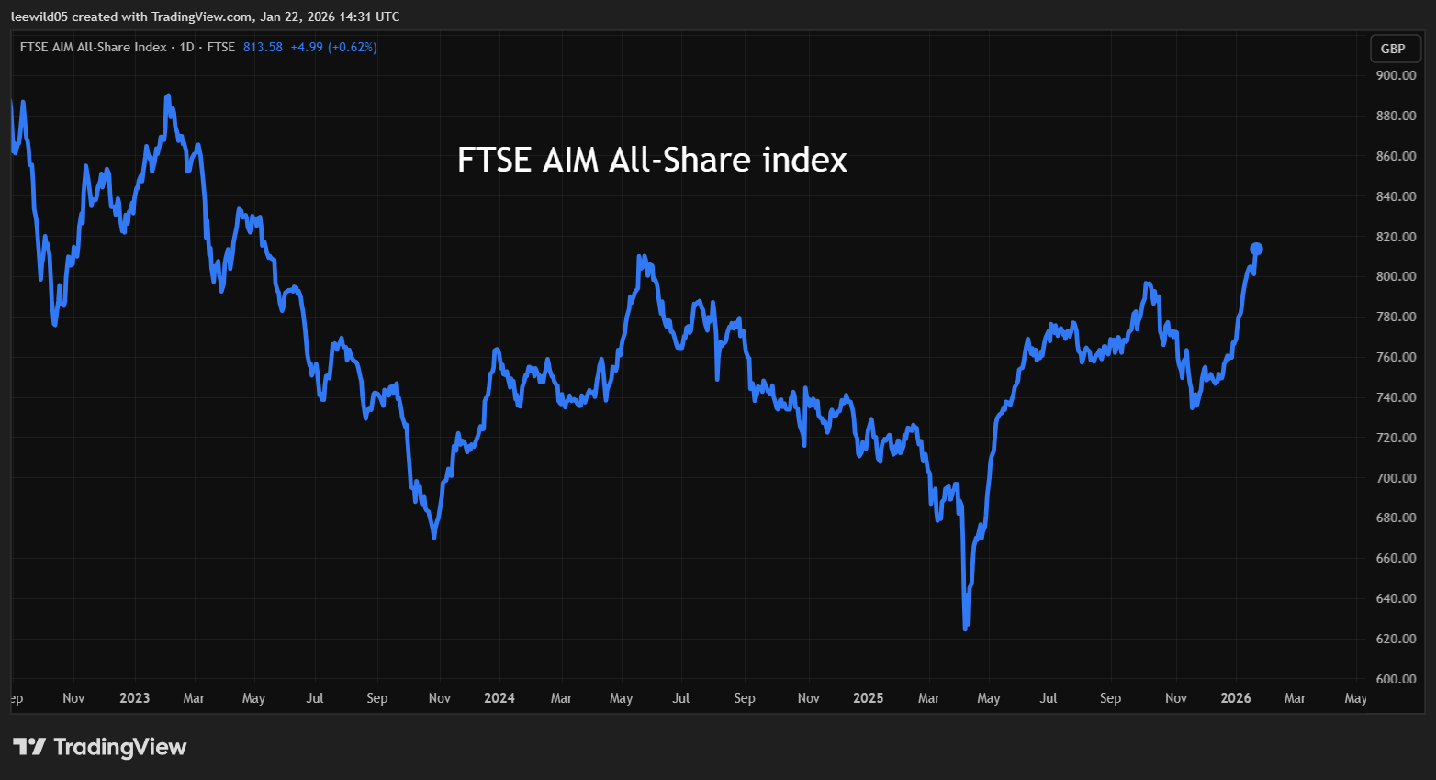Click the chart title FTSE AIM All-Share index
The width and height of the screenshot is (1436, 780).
[652, 161]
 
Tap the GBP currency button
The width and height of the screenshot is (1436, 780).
[1393, 49]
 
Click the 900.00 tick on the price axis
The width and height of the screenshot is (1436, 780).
[1396, 75]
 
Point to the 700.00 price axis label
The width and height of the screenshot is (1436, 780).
[1396, 478]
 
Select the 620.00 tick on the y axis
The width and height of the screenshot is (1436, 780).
[1396, 639]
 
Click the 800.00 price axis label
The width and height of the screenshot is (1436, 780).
[1396, 276]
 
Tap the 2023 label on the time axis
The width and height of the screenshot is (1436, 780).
[134, 698]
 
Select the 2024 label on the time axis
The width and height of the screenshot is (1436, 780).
[499, 698]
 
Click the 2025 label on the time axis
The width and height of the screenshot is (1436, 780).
[868, 698]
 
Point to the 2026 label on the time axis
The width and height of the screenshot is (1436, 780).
[1236, 698]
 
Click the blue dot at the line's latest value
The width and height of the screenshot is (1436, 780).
[1257, 249]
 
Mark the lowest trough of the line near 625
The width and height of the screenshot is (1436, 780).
[965, 629]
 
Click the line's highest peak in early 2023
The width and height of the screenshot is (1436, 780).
[167, 95]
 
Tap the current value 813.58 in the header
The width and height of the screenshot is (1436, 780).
[263, 47]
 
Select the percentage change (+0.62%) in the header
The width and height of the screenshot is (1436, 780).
[353, 47]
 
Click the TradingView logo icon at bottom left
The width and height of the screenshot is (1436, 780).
[28, 747]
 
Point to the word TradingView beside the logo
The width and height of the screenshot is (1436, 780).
[120, 747]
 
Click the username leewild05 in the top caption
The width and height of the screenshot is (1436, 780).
[39, 17]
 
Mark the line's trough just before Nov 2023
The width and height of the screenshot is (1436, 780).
[433, 537]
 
